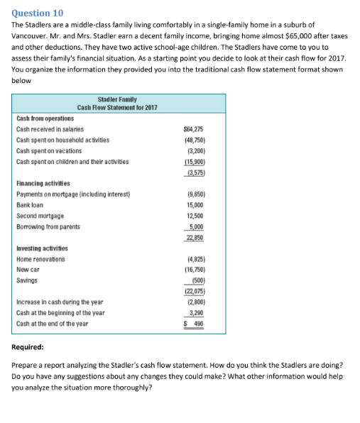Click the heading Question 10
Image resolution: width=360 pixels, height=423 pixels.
click(x=38, y=13)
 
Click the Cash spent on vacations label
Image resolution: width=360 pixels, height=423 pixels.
click(x=49, y=151)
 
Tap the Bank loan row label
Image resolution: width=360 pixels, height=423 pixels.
click(x=31, y=204)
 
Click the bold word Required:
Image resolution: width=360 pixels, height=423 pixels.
click(x=28, y=348)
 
